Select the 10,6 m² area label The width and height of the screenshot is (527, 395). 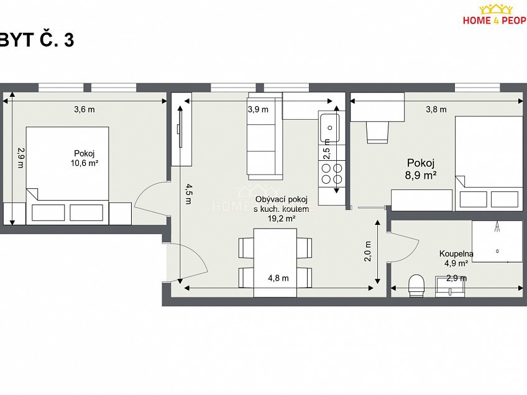pos(85,163)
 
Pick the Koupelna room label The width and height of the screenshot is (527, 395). pos(457,253)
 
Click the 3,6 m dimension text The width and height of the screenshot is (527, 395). pos(84,110)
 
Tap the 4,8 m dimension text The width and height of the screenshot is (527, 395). pos(277,278)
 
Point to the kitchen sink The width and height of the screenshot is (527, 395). pos(329,127)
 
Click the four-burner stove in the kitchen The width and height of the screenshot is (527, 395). pos(331,174)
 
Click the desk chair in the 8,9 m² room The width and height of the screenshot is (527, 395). pos(378,131)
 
